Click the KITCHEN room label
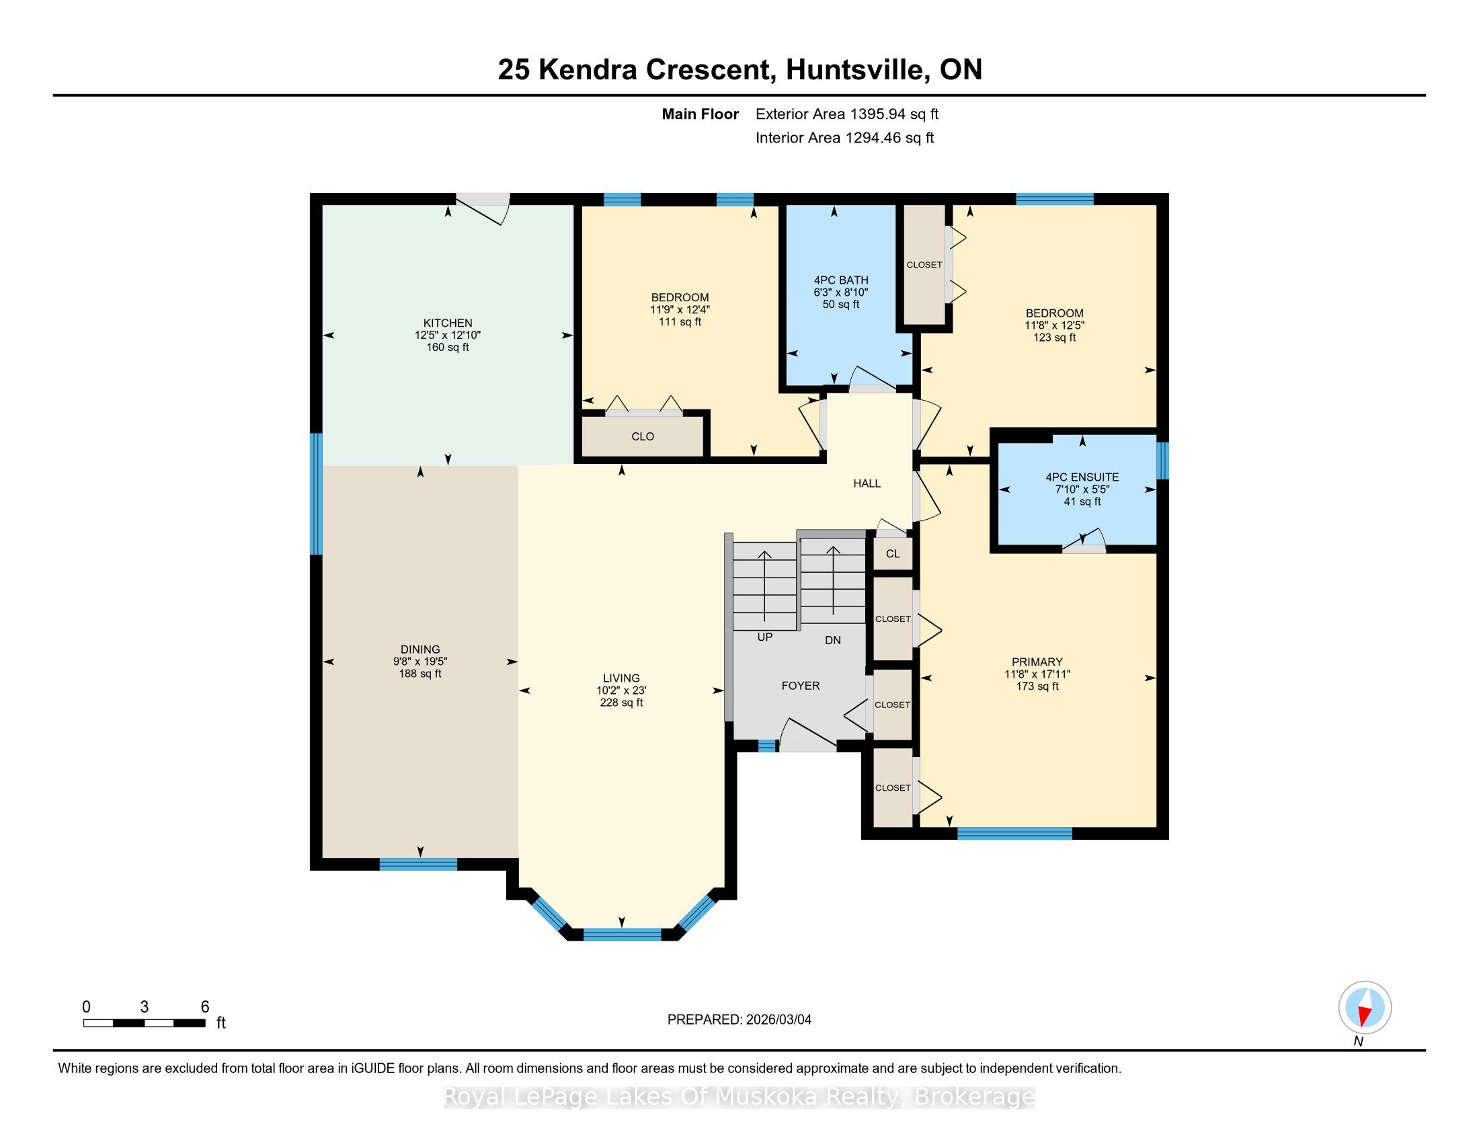[x=448, y=323]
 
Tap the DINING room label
[x=420, y=649]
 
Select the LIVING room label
[x=621, y=678]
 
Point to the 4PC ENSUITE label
[x=1082, y=477]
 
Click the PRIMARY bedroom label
[x=1037, y=662]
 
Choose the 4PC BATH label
[x=841, y=280]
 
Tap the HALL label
[x=867, y=483]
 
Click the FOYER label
[x=801, y=686]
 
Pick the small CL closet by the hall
[x=893, y=554]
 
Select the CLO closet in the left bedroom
[x=643, y=437]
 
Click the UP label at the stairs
[x=764, y=637]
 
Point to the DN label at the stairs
[x=832, y=640]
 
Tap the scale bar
[x=145, y=1023]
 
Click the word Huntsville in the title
[x=857, y=70]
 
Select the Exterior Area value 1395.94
[x=873, y=114]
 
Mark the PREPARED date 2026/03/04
[x=776, y=1020]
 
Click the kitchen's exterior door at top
[x=482, y=206]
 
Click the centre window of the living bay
[x=622, y=935]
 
